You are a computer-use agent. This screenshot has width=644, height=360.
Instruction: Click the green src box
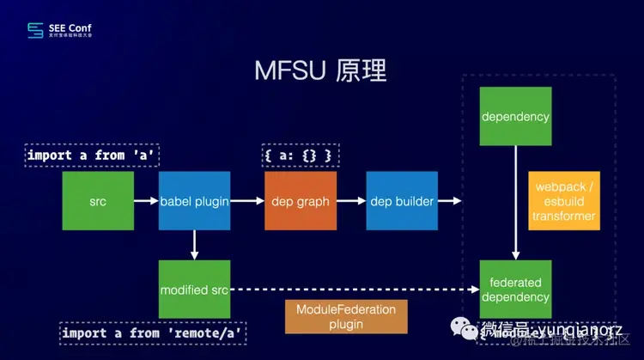(98, 201)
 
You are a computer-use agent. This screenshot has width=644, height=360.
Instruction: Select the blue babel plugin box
(194, 201)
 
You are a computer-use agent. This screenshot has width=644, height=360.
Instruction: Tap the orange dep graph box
(300, 201)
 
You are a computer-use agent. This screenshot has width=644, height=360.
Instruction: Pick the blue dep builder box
(402, 201)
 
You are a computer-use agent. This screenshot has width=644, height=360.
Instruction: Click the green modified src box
(195, 290)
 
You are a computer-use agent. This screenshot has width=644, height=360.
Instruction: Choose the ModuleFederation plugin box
(329, 316)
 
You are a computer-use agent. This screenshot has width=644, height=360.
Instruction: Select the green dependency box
(515, 116)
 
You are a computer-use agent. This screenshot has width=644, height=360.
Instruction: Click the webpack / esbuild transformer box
(564, 201)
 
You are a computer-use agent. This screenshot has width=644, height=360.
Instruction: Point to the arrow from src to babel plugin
(146, 201)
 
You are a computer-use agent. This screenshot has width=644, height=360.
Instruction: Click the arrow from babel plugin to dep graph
(247, 201)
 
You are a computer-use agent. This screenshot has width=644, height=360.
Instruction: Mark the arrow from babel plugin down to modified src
(195, 246)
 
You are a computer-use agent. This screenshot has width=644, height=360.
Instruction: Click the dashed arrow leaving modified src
(352, 290)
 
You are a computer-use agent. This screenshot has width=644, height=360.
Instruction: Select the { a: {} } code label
(298, 156)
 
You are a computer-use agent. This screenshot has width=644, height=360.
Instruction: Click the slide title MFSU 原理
(322, 71)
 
